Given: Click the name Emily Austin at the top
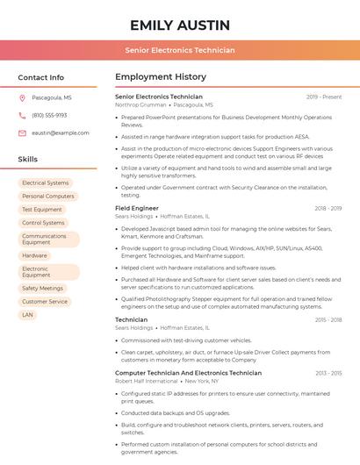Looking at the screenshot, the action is [180, 25].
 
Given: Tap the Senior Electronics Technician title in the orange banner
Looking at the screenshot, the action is [180, 50].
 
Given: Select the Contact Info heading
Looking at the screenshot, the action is [41, 77].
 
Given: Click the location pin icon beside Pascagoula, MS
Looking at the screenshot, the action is [22, 98].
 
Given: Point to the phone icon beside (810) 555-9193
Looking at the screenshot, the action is [22, 116].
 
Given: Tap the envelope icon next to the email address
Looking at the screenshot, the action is [22, 133].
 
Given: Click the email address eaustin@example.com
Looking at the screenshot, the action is [61, 133].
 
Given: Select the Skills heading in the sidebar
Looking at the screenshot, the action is [28, 159].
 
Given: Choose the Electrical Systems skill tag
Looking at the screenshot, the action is [46, 183].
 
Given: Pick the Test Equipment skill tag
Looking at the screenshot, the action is [42, 210].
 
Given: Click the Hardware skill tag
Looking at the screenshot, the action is [35, 255].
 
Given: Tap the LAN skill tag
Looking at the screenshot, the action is [28, 314].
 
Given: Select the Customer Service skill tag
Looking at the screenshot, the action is [45, 301].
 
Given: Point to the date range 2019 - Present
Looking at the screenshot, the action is [324, 97].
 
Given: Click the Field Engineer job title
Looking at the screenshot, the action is [137, 209].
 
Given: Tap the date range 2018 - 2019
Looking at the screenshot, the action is [328, 209].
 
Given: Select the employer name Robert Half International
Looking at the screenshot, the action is [147, 381].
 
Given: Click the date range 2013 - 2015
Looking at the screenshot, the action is [328, 374].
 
